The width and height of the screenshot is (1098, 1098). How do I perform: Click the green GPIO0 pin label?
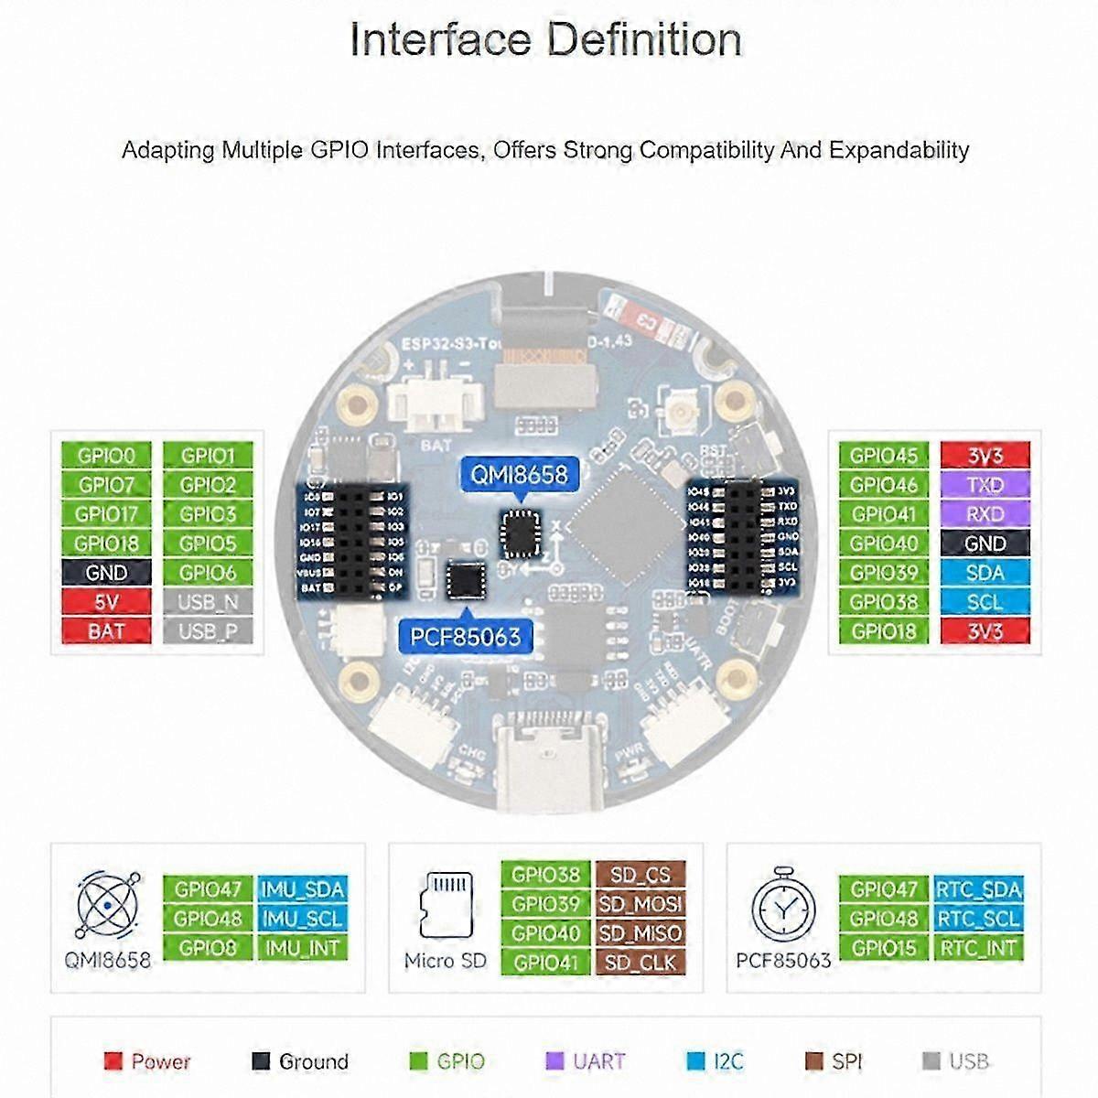[106, 456]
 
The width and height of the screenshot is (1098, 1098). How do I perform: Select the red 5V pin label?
[106, 602]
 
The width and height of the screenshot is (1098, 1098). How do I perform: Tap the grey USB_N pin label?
[208, 602]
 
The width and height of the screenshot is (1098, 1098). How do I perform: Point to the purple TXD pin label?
[985, 485]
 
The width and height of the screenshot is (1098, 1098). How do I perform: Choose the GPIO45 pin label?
[883, 456]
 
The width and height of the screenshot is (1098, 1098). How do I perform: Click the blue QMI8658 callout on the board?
[519, 474]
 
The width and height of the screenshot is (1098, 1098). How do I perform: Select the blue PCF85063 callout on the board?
[465, 636]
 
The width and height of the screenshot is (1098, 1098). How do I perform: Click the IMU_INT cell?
[302, 948]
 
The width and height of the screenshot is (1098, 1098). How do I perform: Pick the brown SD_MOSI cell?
[640, 904]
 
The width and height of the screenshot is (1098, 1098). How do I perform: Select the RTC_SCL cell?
[978, 919]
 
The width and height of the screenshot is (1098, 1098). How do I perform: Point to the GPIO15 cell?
[883, 948]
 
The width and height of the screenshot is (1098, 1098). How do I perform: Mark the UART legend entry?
[586, 1061]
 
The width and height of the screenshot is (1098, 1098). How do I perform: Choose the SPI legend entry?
[834, 1061]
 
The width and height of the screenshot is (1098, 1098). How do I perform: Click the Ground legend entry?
[300, 1061]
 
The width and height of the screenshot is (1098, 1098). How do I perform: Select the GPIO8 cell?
[208, 948]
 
